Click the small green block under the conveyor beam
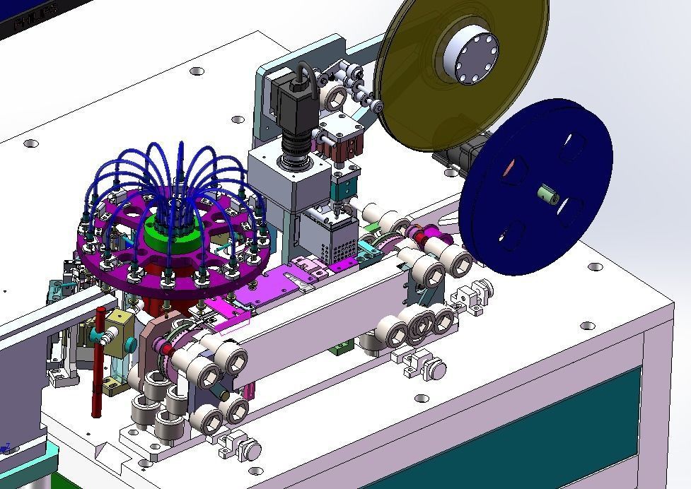[x=342, y=347]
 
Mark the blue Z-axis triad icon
[x=6, y=447]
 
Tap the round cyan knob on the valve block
[x=130, y=346]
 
